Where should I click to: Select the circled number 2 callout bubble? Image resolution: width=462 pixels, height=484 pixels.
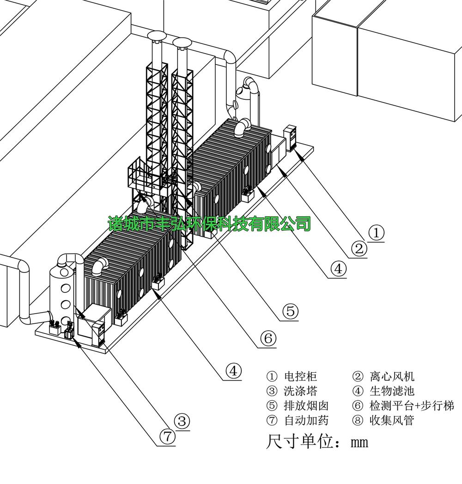click(x=359, y=249)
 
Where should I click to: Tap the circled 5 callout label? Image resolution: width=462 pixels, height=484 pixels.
click(x=290, y=312)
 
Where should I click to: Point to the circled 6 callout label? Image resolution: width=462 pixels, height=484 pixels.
click(x=267, y=339)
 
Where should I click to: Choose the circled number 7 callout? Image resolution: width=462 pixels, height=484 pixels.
click(x=167, y=436)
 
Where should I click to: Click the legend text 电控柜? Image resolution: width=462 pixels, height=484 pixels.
click(x=300, y=376)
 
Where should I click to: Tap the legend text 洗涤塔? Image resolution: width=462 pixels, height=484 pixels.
click(x=300, y=391)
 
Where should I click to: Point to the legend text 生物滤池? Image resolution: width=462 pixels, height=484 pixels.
click(x=392, y=391)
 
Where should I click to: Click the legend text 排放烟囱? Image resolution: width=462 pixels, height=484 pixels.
click(x=306, y=406)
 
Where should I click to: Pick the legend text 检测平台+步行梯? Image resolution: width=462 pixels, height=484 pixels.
click(x=412, y=406)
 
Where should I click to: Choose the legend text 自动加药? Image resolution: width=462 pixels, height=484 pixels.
click(x=306, y=421)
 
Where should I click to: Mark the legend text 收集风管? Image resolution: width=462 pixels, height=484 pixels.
click(x=392, y=421)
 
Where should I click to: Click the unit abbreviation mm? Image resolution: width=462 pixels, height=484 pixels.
click(x=359, y=442)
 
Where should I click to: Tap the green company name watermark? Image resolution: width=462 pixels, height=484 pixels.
click(x=209, y=224)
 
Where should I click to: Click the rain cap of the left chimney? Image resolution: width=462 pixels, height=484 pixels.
click(x=156, y=36)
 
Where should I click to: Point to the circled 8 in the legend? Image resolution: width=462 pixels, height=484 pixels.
click(x=358, y=421)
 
